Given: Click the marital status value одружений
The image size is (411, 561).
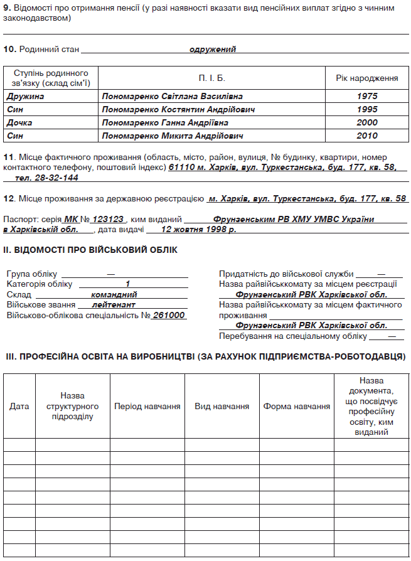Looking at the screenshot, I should [x=213, y=49].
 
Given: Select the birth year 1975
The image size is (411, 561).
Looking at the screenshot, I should [x=367, y=97].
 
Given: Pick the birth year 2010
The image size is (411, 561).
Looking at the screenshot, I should [x=367, y=136].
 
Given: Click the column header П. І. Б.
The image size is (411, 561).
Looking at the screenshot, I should [x=212, y=78].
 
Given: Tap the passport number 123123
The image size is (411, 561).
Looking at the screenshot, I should [x=109, y=220].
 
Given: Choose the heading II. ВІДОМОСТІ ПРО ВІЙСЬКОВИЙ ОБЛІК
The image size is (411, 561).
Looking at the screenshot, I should [x=90, y=250].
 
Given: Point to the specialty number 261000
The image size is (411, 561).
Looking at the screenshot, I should [x=169, y=315].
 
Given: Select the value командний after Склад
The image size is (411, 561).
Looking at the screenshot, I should [x=114, y=294].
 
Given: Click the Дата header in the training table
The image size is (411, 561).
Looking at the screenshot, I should [x=19, y=406].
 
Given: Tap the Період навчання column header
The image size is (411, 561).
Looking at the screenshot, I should [x=147, y=406].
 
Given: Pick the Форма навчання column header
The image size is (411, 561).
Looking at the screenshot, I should [x=296, y=406].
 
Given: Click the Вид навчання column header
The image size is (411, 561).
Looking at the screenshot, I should [x=222, y=406].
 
